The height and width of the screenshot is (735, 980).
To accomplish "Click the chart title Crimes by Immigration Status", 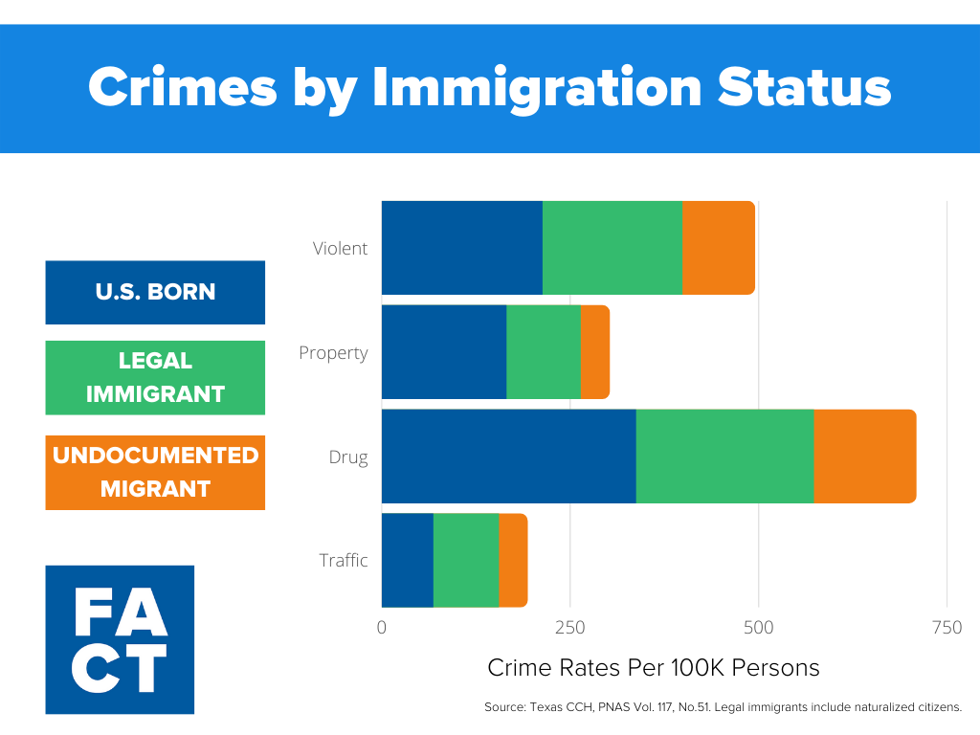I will pyautogui.click(x=489, y=88).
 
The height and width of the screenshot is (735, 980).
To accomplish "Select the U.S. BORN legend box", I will pyautogui.click(x=155, y=292).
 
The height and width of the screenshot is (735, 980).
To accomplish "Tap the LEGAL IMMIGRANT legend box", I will pyautogui.click(x=155, y=377).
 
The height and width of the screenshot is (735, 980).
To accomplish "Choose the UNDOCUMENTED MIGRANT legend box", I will pyautogui.click(x=155, y=472).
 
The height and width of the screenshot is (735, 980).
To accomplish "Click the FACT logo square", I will pyautogui.click(x=120, y=639).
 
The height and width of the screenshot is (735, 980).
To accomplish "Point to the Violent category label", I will pyautogui.click(x=340, y=248).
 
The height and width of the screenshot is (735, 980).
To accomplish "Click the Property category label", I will pyautogui.click(x=333, y=352).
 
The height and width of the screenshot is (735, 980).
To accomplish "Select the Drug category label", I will pyautogui.click(x=348, y=457).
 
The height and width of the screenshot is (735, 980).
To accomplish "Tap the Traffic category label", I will pyautogui.click(x=343, y=560).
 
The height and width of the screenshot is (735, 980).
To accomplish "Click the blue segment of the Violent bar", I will pyautogui.click(x=461, y=248).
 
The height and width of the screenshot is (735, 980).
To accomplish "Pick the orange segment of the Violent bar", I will pyautogui.click(x=718, y=248).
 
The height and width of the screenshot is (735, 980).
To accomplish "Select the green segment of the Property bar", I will pyautogui.click(x=543, y=352).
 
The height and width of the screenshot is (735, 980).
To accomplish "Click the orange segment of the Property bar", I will pyautogui.click(x=594, y=352).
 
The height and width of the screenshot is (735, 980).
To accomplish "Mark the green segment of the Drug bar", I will pyautogui.click(x=724, y=457).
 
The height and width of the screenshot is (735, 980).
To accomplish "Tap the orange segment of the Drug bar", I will pyautogui.click(x=864, y=457).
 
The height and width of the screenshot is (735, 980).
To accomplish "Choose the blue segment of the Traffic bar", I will pyautogui.click(x=407, y=560).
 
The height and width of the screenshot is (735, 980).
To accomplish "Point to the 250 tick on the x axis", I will pyautogui.click(x=569, y=628).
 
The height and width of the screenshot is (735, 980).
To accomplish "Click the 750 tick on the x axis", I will pyautogui.click(x=947, y=628).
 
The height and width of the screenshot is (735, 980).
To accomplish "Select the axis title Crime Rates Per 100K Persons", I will pyautogui.click(x=654, y=667).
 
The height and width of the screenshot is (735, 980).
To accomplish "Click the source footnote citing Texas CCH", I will pyautogui.click(x=723, y=708).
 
